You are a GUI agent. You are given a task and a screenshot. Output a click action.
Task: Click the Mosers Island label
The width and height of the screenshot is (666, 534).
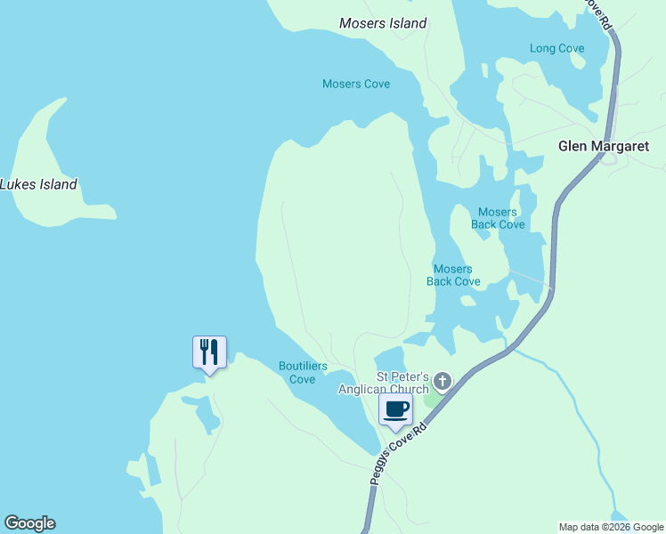[383, 23]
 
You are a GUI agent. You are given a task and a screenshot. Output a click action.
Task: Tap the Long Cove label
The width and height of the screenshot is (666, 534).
[556, 49]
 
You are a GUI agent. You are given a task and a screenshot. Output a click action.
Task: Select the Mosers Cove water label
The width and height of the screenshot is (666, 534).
[356, 85]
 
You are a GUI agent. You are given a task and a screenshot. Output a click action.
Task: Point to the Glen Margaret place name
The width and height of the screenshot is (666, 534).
[604, 146]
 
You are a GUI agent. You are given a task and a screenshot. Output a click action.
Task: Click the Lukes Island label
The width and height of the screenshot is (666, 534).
[39, 185]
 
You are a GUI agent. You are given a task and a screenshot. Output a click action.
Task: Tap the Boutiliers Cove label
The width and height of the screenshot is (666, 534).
[303, 372]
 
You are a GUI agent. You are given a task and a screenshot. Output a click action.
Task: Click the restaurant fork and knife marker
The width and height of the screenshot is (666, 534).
[209, 352]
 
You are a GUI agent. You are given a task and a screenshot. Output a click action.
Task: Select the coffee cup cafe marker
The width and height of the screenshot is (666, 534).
[396, 410]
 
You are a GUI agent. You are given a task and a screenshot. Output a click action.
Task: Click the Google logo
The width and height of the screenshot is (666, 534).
[29, 523]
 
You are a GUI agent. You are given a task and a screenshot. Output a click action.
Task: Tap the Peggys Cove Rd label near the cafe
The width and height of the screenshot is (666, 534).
[399, 454]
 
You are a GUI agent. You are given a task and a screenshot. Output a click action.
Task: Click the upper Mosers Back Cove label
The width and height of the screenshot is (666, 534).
[498, 218]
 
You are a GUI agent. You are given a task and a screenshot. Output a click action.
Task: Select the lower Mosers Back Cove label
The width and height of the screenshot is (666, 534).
[453, 275]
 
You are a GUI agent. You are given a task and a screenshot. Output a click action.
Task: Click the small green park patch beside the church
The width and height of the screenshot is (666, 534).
[432, 399]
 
